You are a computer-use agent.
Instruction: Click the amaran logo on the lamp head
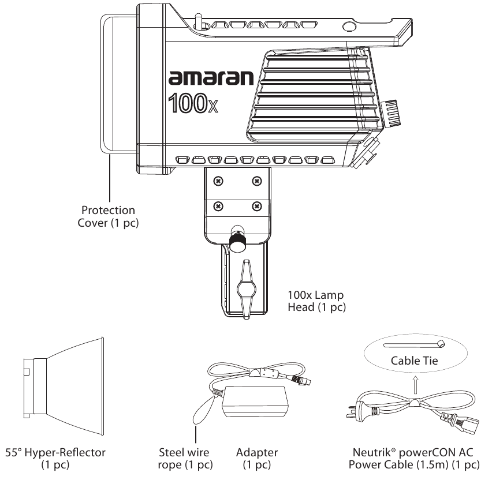(211, 78)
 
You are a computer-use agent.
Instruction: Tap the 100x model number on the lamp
(193, 103)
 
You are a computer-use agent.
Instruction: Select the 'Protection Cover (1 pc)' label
(108, 216)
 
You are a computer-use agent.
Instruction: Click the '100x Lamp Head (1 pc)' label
(316, 301)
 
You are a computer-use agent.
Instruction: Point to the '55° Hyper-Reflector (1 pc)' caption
(55, 459)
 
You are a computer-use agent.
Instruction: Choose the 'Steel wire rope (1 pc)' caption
(185, 459)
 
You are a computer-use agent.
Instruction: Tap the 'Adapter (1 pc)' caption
(257, 459)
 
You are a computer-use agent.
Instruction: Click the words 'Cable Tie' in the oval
(414, 361)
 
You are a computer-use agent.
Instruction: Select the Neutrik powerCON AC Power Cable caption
(414, 459)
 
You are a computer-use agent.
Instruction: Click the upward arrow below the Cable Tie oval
(416, 385)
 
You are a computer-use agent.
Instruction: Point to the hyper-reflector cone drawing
(64, 387)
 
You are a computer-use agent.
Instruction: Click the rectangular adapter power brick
(255, 402)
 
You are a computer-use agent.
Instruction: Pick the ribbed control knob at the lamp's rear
(391, 113)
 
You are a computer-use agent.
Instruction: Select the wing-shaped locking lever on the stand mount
(246, 289)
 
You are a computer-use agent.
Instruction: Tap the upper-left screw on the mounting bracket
(218, 181)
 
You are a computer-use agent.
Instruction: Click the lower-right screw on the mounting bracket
(257, 206)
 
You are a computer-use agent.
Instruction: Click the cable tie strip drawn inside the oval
(414, 344)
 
